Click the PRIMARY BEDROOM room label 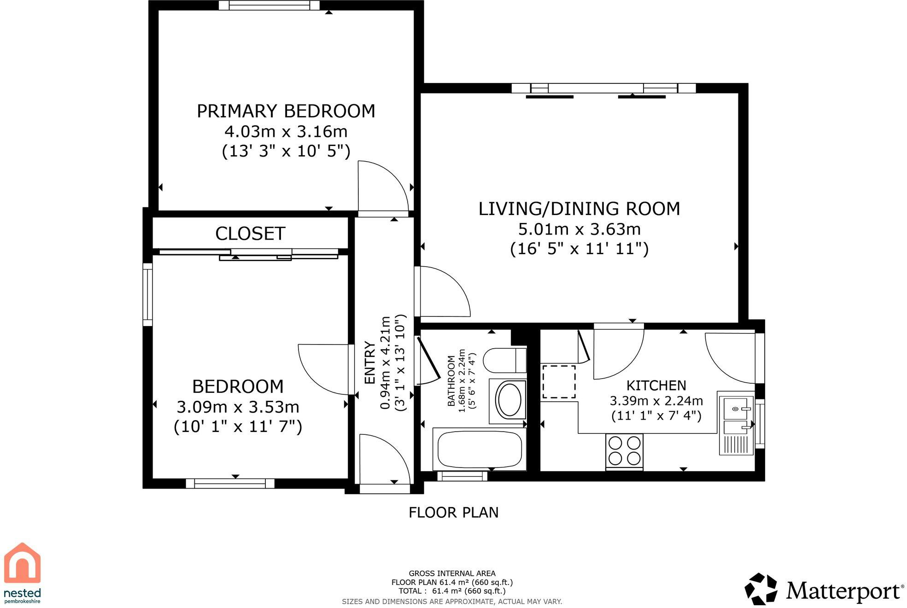[x=286, y=111]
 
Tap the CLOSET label [x=250, y=234]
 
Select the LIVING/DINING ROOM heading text [x=579, y=209]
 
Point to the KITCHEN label [x=656, y=385]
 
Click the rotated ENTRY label [x=369, y=362]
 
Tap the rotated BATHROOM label [x=451, y=380]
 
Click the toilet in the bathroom [x=504, y=360]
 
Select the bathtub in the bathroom [x=480, y=449]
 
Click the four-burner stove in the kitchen [x=624, y=451]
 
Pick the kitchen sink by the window [x=736, y=423]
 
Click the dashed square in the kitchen [x=559, y=382]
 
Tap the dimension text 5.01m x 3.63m [x=579, y=229]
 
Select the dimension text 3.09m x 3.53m [x=238, y=407]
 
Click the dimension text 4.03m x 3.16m [x=286, y=131]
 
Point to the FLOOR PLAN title [x=453, y=512]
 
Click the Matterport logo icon [x=761, y=589]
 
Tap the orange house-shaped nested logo [x=22, y=562]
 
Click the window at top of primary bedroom [x=269, y=5]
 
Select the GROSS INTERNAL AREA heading [x=452, y=573]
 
